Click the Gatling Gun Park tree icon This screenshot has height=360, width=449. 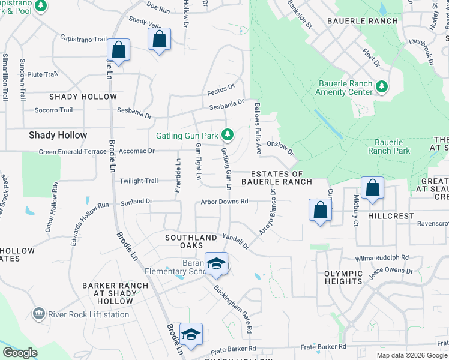(227, 133)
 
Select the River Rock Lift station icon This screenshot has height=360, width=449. (39, 313)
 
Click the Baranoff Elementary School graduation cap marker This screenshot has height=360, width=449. (216, 263)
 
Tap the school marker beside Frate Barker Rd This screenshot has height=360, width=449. (191, 334)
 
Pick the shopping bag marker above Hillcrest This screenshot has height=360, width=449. (373, 187)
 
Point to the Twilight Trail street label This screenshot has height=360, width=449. (139, 181)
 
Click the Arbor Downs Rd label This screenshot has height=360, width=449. (224, 201)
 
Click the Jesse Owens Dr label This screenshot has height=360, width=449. (393, 272)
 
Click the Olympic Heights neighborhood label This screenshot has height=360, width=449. (343, 277)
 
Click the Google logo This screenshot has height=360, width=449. (20, 353)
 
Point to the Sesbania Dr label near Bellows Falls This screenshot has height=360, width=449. (226, 106)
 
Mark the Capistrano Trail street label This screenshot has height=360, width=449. (83, 39)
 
